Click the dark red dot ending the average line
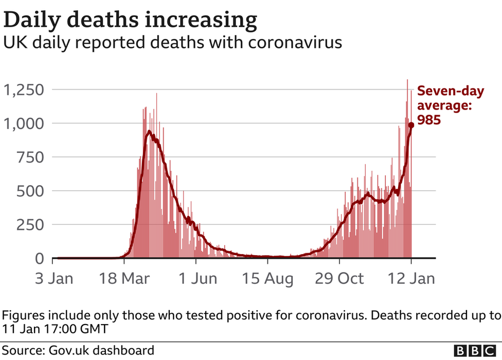[411, 125]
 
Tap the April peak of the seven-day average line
[149, 132]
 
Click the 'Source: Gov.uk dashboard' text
[78, 350]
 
